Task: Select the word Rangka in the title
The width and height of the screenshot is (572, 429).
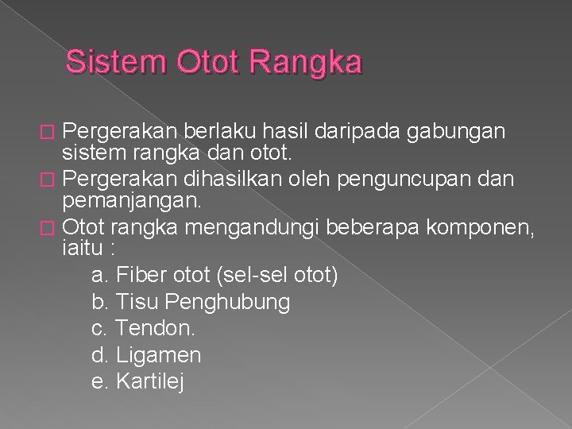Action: click(305, 62)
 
